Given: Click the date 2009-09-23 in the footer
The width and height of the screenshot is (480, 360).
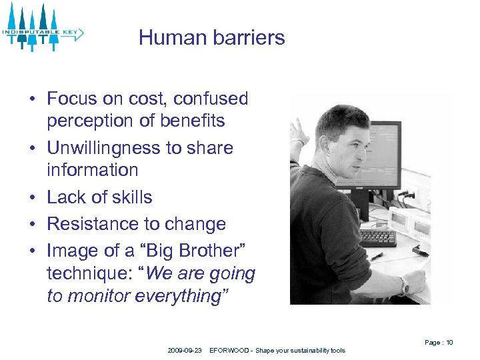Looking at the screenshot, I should pos(185,351).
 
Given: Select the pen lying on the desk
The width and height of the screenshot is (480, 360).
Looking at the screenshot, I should pos(376,256).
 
